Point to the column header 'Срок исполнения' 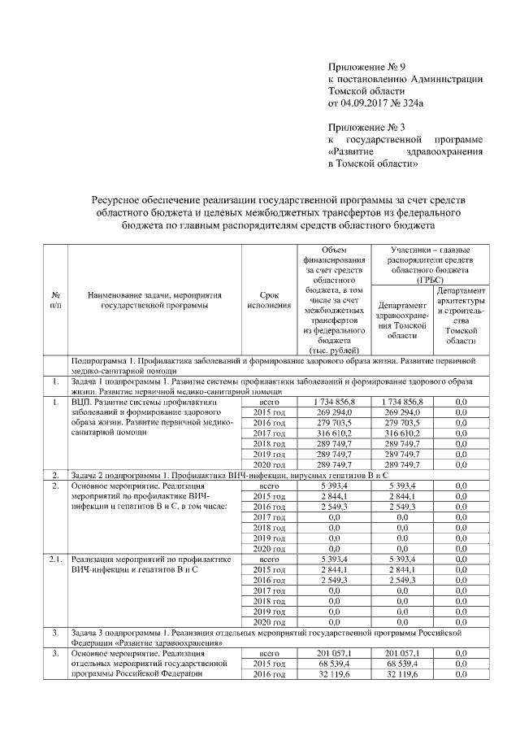click(x=268, y=299)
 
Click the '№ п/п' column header click(x=55, y=299)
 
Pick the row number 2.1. click(x=55, y=560)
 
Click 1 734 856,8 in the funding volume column click(x=333, y=402)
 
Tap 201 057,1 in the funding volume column click(x=333, y=653)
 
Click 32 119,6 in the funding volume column click(x=333, y=674)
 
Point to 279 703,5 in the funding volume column click(x=333, y=423)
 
